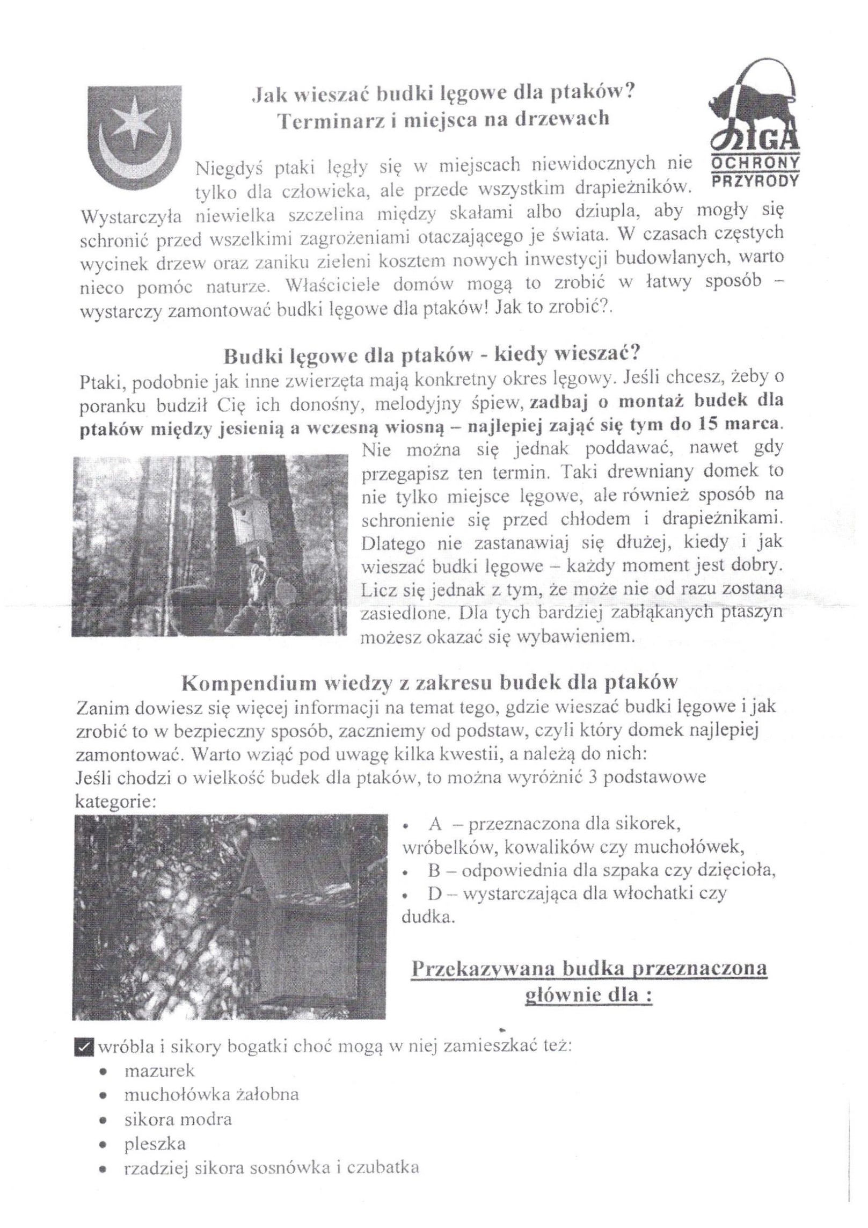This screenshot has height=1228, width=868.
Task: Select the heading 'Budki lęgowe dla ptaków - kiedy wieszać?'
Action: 432,355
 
